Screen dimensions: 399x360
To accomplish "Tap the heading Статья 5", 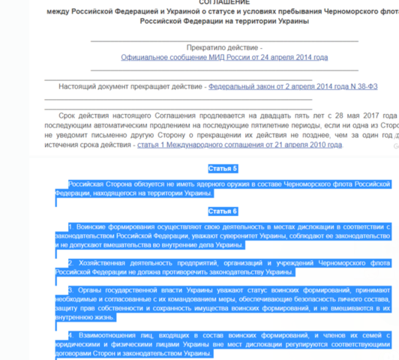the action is (x=223, y=169).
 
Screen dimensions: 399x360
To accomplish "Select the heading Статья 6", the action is (x=223, y=211).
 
